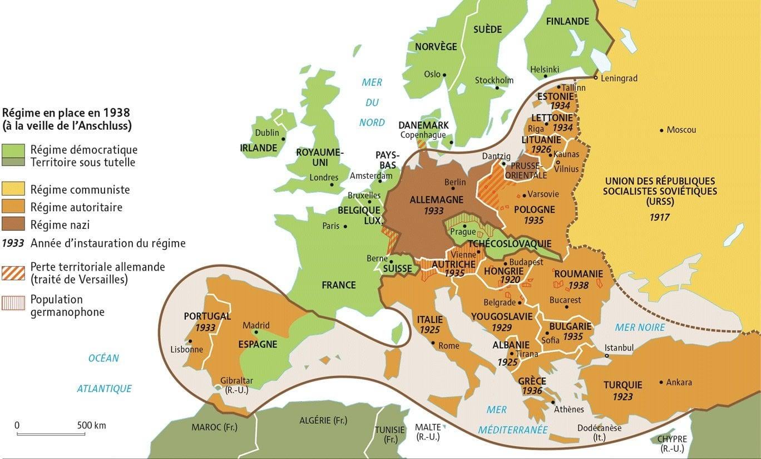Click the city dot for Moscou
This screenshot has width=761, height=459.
pos(661,130)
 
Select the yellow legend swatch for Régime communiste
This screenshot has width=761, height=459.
pos(13,189)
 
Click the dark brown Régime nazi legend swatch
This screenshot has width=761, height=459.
pos(13,225)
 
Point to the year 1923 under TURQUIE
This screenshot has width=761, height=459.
pos(622,397)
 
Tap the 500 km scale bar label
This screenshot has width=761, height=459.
pos(91,426)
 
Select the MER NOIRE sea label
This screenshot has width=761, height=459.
pos(640,327)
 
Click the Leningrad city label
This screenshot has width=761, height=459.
pos(619,79)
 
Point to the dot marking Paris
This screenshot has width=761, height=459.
pos(345,226)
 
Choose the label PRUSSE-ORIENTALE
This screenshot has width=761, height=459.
pos(526,170)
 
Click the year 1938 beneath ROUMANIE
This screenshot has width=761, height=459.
pos(579,285)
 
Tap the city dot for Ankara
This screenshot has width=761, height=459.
pos(661,382)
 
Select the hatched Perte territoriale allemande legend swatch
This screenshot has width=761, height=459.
pos(13,273)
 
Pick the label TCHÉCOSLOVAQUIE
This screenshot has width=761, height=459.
pos(510,244)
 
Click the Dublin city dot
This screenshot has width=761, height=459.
pos(283,139)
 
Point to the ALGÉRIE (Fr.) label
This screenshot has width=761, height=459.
pos(323,421)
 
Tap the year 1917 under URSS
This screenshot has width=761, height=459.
pos(659,217)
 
